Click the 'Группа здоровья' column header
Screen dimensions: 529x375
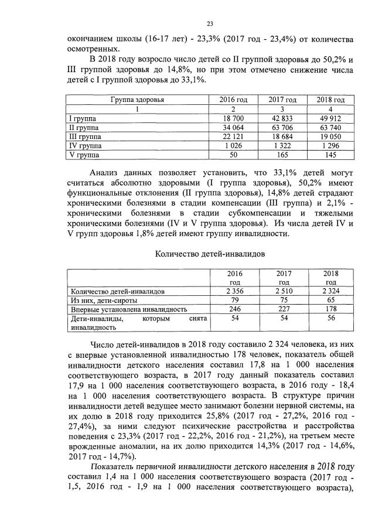138,100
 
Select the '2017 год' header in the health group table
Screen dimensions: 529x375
282,100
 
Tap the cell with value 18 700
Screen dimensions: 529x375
234,118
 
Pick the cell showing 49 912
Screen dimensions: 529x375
332,118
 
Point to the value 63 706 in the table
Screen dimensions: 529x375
282,127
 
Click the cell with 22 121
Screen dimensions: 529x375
234,136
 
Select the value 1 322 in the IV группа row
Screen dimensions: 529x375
282,145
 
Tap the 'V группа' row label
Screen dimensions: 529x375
85,155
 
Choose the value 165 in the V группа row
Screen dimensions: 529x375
282,155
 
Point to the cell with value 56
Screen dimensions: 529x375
332,319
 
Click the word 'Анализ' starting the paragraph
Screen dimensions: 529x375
105,173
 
